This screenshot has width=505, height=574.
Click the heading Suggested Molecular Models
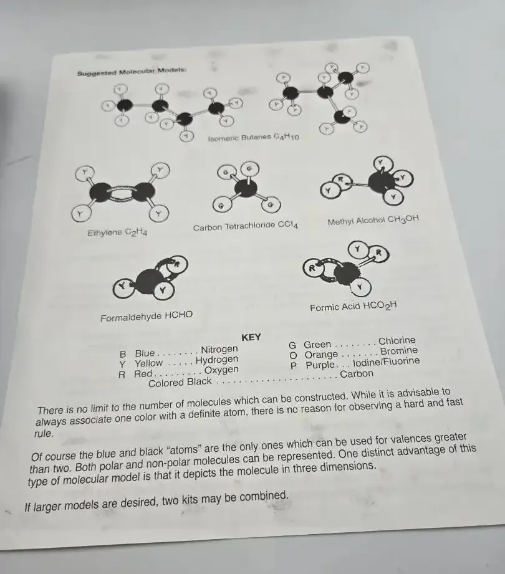click(x=132, y=72)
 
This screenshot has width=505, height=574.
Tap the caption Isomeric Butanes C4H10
click(x=253, y=138)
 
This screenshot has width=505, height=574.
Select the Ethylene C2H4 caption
click(x=117, y=233)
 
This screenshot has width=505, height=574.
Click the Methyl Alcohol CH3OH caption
click(x=373, y=221)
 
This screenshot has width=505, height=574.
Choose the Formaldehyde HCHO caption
click(x=147, y=316)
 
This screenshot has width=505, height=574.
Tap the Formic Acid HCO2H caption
click(x=353, y=307)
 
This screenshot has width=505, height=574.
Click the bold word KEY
click(x=251, y=337)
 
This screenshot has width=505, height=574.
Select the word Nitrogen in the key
click(x=219, y=349)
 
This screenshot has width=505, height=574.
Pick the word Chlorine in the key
click(x=397, y=341)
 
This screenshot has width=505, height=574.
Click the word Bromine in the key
click(x=399, y=351)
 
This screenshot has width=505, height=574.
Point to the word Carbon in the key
click(x=357, y=374)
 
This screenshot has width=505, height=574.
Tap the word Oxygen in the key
click(x=221, y=370)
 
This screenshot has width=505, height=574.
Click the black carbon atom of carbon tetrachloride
click(x=246, y=189)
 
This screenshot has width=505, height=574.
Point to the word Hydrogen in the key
click(x=217, y=360)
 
